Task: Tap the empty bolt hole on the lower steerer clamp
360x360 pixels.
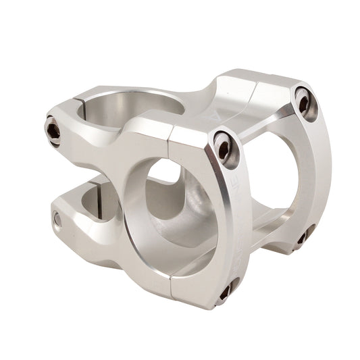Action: (x=58, y=220)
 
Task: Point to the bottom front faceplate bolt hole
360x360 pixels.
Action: (x=225, y=291)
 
